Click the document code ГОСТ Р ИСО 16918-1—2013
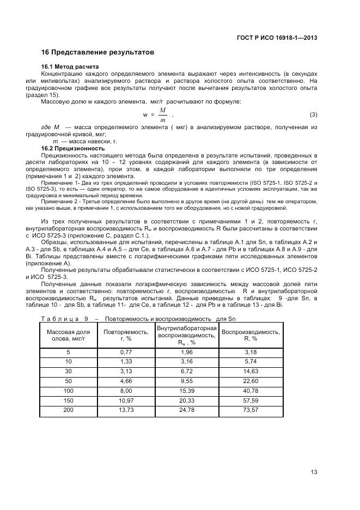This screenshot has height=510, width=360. click(278, 38)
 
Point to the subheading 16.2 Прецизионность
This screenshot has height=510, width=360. click(73, 148)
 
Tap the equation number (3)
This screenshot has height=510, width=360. click(313, 114)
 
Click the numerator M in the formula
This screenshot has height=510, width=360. click(162, 110)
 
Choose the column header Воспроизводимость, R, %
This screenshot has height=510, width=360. click(251, 335)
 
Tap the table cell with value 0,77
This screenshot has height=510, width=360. click(126, 353)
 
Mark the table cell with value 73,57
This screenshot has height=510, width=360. click(251, 409)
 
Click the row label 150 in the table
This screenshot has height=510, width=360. click(69, 400)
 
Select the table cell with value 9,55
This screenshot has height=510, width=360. click(187, 381)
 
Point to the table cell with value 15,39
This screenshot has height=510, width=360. click(187, 391)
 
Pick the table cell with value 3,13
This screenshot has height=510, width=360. click(126, 372)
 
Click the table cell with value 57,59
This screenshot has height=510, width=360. click(251, 400)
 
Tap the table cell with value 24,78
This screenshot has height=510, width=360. click(187, 409)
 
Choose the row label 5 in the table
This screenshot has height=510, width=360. click(69, 353)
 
